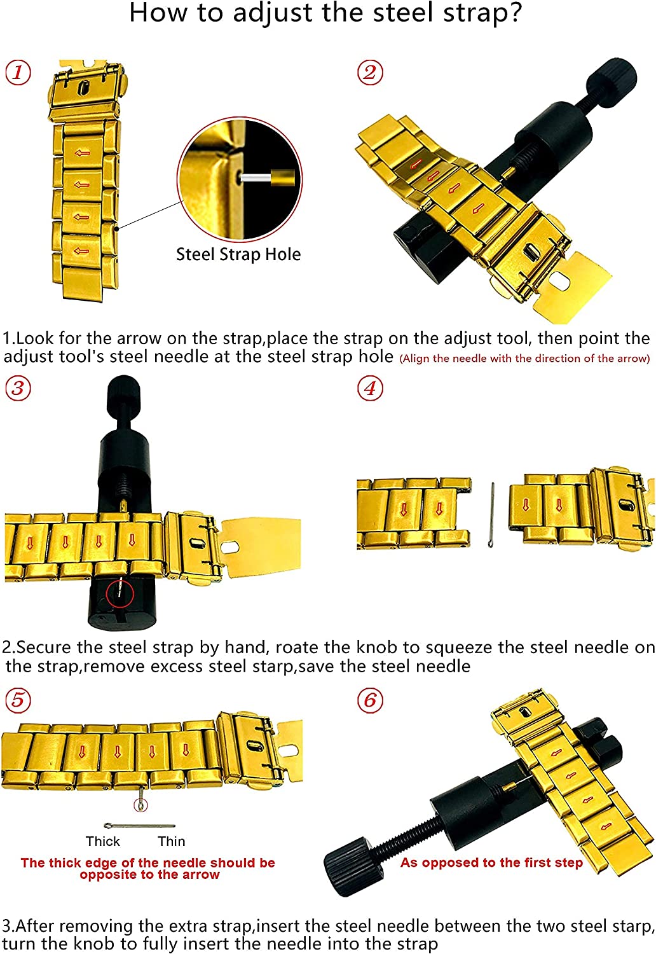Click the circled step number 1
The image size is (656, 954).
tap(18, 72)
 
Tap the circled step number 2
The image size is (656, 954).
tap(369, 72)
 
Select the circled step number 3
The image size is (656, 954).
tap(18, 388)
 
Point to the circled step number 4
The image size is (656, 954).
tap(369, 388)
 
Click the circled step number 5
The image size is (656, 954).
tap(18, 700)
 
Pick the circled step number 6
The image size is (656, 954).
tap(369, 700)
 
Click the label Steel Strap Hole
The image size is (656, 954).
tap(238, 254)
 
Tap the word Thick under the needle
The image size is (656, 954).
tap(102, 841)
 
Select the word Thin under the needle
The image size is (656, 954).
tap(171, 841)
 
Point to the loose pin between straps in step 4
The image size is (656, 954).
tap(491, 515)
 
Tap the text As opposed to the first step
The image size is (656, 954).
tap(491, 862)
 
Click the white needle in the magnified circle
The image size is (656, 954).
tap(256, 176)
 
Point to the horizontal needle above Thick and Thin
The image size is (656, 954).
tap(140, 826)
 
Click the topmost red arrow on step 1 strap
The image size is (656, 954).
tap(82, 153)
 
